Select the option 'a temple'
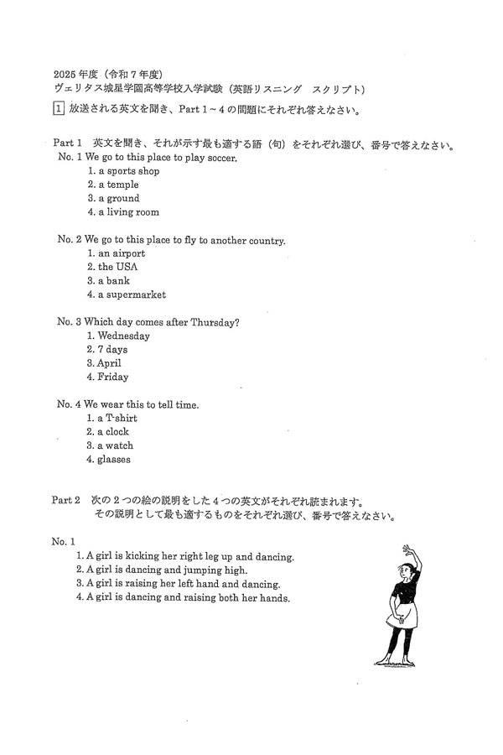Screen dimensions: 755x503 tap(117, 185)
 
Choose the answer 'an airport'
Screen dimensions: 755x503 tap(121, 253)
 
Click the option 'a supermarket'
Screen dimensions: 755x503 tap(132, 294)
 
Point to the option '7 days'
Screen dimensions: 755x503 tap(112, 349)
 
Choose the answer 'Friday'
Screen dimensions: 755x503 tap(112, 377)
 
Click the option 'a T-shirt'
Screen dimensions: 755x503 tap(117, 418)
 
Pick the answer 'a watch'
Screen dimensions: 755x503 tap(115, 445)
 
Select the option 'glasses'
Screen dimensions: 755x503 tap(113, 459)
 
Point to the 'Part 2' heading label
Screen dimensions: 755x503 tap(66, 499)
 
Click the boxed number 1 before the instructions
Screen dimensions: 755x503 tap(57, 108)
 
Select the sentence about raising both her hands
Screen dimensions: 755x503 tap(184, 598)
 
